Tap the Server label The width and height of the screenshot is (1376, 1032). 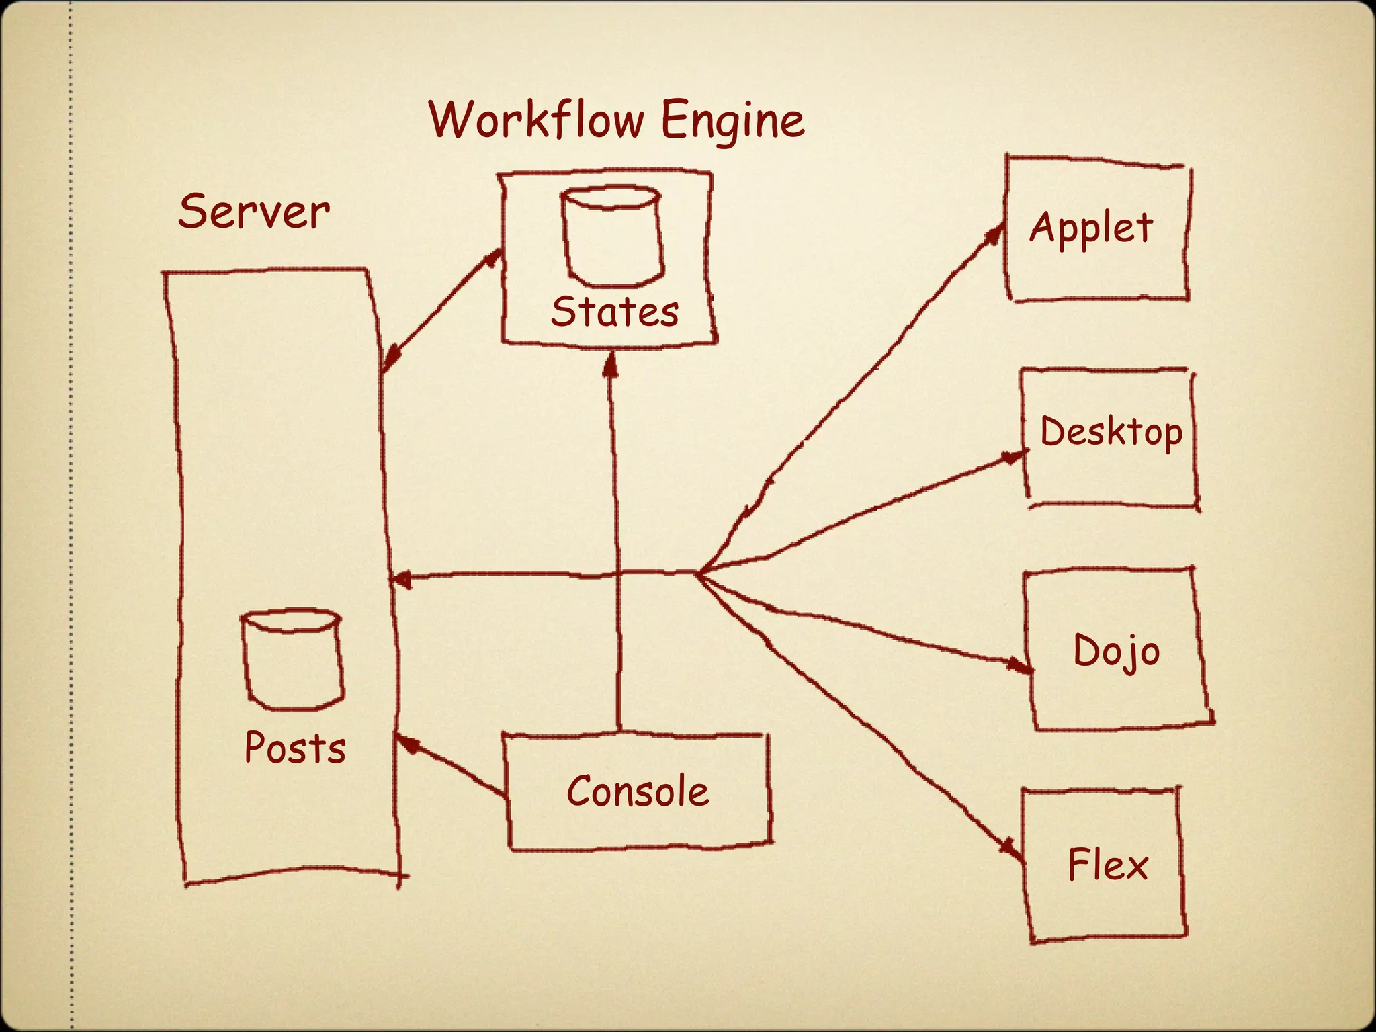point(254,212)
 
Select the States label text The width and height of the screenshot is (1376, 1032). point(614,312)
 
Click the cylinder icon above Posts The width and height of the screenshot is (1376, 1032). point(292,659)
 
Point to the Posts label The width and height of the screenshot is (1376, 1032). point(295,747)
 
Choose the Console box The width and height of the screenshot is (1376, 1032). point(637,791)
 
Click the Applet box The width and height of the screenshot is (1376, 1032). point(1095,228)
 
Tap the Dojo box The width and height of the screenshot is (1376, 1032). point(1117,650)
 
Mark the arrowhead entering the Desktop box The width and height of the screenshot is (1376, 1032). point(1013,457)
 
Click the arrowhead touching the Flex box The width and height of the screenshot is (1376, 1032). point(1011,848)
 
